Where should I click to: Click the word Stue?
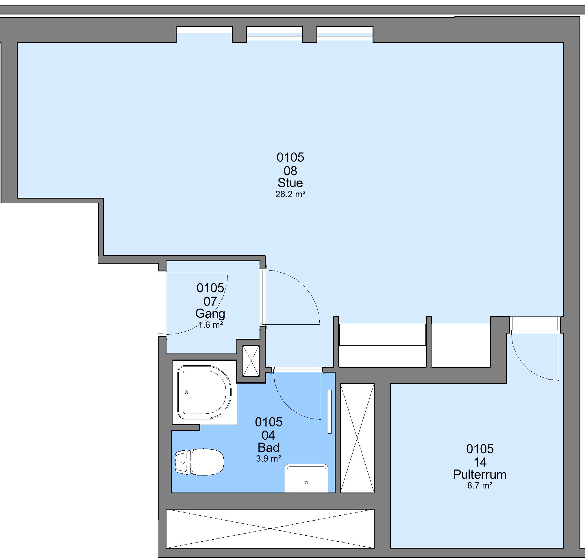tap(290, 183)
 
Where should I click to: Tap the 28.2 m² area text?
tap(290, 194)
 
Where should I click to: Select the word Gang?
tap(210, 314)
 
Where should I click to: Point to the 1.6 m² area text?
tap(211, 325)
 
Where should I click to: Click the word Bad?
tap(269, 447)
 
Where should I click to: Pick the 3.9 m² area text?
tap(269, 459)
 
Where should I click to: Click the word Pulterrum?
tap(480, 475)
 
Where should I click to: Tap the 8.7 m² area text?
tap(480, 486)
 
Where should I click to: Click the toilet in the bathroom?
tap(199, 462)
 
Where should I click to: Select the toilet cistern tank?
tap(183, 462)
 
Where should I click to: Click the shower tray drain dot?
tap(186, 393)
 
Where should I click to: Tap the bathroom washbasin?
tap(306, 479)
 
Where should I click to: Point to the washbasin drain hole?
tap(306, 483)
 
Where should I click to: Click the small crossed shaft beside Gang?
tap(251, 361)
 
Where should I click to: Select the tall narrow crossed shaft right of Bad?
tap(357, 438)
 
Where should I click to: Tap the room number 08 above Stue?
tap(290, 171)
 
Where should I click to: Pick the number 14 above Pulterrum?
tap(480, 462)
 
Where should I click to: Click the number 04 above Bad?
tap(268, 436)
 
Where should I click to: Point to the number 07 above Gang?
tap(210, 302)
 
